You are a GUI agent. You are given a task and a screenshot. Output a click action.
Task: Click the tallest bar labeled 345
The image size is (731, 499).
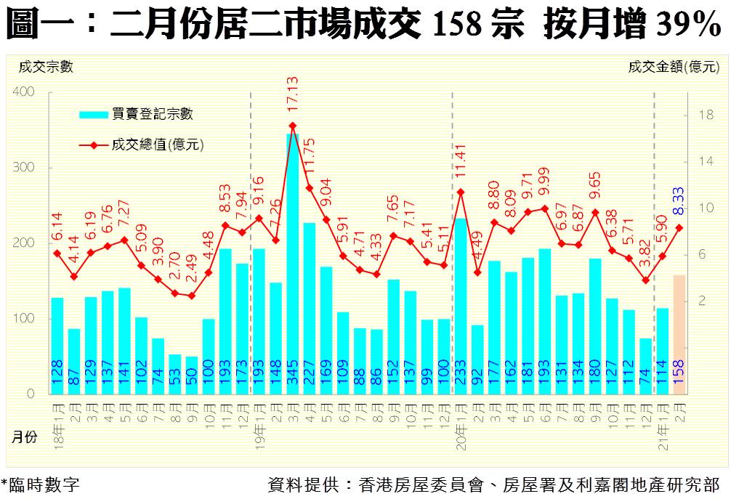point(292,261)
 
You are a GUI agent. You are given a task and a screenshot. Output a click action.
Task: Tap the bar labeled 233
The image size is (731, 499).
point(460,305)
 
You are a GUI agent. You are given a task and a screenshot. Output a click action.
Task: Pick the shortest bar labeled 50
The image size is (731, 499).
point(192,375)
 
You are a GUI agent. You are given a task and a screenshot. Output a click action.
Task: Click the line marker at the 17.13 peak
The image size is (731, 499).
point(292,126)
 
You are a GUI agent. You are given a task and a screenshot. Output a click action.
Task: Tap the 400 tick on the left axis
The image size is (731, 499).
point(24,92)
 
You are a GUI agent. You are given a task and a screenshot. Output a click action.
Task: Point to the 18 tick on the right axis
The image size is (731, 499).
point(704,115)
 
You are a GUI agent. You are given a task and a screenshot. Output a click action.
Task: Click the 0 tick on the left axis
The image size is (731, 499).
point(31,394)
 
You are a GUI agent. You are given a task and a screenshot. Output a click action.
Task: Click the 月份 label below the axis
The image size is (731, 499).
point(25,438)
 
